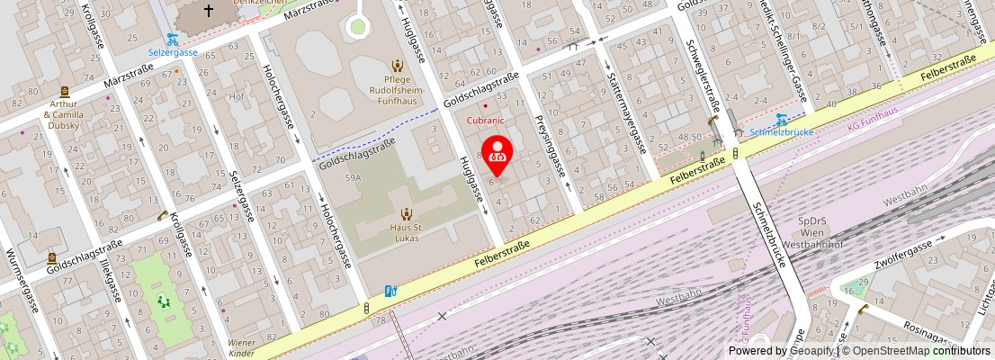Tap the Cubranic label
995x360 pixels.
click(484, 119)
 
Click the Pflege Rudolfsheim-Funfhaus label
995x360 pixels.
click(397, 91)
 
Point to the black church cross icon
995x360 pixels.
click(209, 11)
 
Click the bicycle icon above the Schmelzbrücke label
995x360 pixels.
click(782, 118)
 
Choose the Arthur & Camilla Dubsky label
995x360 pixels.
click(64, 114)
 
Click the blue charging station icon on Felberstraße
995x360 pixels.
click(390, 291)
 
